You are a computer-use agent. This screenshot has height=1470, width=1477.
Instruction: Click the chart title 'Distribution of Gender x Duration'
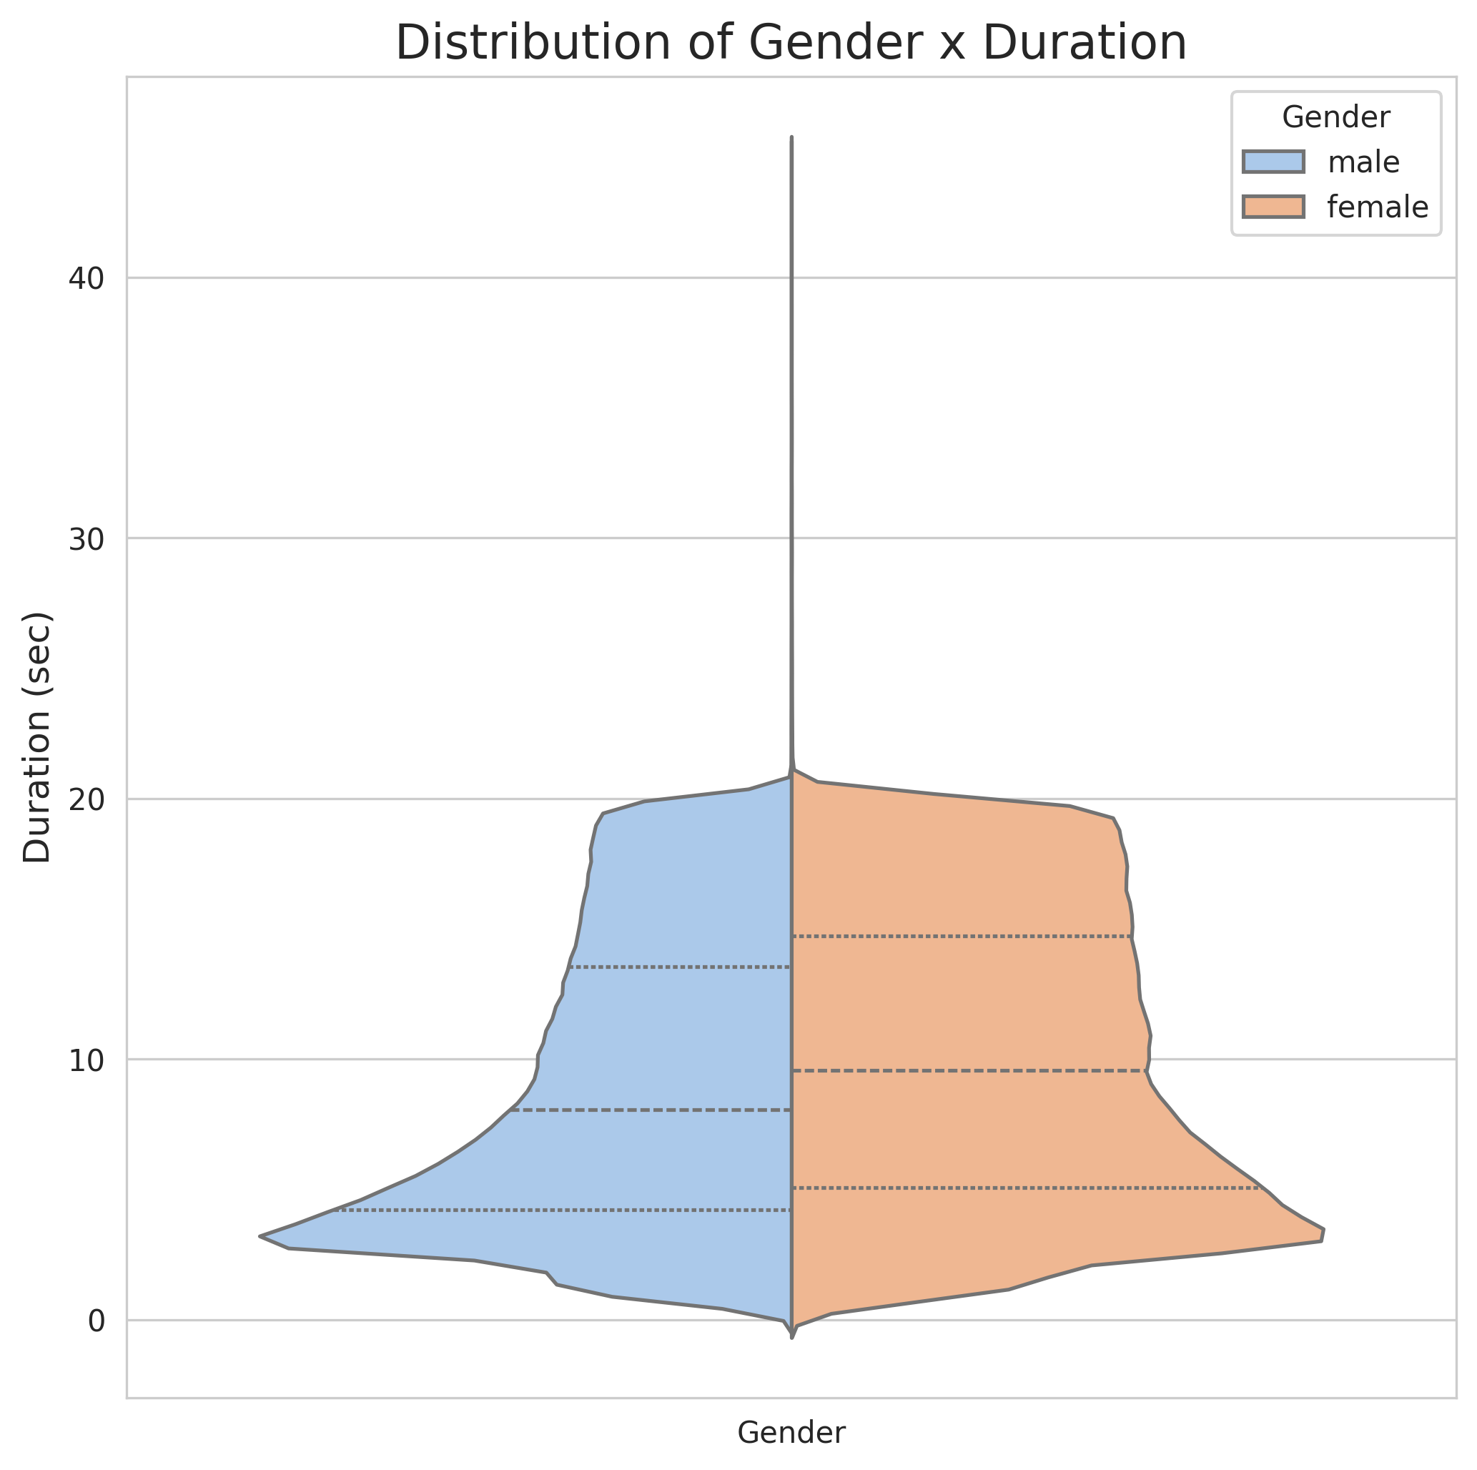pyautogui.click(x=791, y=44)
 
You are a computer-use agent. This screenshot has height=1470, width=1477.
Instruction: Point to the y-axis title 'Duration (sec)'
pyautogui.click(x=37, y=738)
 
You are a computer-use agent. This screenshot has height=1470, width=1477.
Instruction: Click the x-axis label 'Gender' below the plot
pyautogui.click(x=791, y=1433)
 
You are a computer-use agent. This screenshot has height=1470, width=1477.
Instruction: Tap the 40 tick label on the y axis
pyautogui.click(x=86, y=278)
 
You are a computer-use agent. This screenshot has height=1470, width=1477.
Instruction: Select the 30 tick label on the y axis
pyautogui.click(x=86, y=539)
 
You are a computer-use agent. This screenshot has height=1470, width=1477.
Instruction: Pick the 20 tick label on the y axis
pyautogui.click(x=86, y=799)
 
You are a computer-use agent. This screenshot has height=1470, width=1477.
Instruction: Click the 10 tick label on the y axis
pyautogui.click(x=86, y=1060)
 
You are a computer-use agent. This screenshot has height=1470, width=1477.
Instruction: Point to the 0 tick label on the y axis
pyautogui.click(x=97, y=1320)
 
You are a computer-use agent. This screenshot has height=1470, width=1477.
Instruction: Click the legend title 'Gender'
pyautogui.click(x=1335, y=118)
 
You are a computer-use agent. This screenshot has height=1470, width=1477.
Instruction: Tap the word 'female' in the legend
pyautogui.click(x=1377, y=207)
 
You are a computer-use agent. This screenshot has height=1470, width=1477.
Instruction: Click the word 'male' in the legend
pyautogui.click(x=1363, y=162)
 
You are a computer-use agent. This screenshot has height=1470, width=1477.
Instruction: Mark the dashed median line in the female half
pyautogui.click(x=967, y=1071)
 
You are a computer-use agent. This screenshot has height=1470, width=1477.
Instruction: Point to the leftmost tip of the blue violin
pyautogui.click(x=261, y=1235)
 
